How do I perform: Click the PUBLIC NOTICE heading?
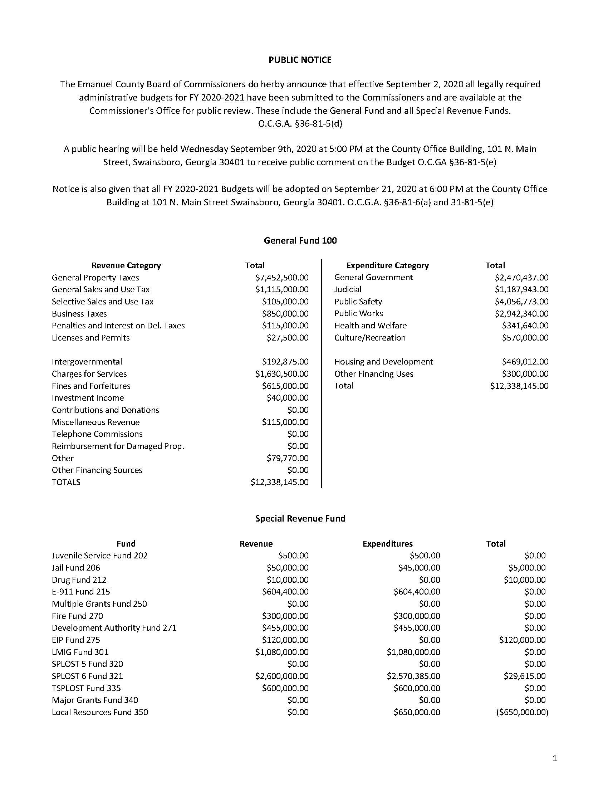click(300, 60)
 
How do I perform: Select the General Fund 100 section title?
click(300, 240)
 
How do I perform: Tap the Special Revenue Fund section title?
click(300, 518)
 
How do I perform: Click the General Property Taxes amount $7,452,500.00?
click(282, 278)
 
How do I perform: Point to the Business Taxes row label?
click(79, 313)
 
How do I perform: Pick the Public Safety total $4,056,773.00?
click(521, 302)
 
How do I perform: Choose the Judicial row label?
click(348, 289)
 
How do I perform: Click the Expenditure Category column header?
click(388, 265)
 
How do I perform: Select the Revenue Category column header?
click(126, 265)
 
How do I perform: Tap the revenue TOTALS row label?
click(66, 482)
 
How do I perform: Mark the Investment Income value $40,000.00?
click(288, 398)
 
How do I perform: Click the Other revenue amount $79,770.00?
click(288, 458)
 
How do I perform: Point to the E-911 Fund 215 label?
click(81, 592)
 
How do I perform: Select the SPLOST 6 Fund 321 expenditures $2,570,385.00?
click(413, 676)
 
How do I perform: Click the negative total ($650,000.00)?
click(522, 712)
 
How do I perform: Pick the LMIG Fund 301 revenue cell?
click(282, 652)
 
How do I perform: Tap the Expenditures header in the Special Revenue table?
click(388, 544)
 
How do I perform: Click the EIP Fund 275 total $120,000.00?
click(522, 640)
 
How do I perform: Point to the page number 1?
click(555, 758)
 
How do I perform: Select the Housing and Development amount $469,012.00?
click(525, 362)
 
